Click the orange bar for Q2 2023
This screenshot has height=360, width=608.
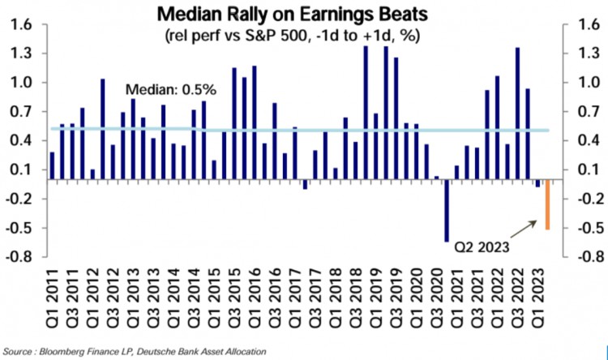point(547,204)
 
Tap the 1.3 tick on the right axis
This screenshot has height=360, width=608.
point(587,54)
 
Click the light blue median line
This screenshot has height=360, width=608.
point(324,130)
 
